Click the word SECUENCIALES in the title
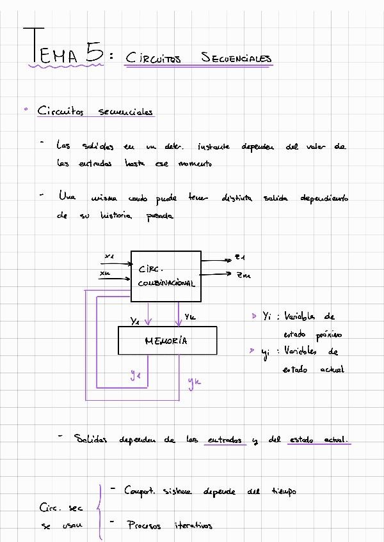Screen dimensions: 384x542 tap(236, 59)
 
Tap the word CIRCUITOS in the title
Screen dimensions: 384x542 tap(154, 59)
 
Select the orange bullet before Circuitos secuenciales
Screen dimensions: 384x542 tap(26, 110)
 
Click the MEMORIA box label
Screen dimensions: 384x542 tap(166, 341)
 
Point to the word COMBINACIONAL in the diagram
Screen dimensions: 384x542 tap(166, 283)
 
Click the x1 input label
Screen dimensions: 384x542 tap(109, 256)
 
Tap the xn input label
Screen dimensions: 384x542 tap(105, 274)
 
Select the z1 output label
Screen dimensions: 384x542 tap(241, 257)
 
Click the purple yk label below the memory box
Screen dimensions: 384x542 tap(194, 382)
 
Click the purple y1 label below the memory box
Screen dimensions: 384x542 tap(135, 376)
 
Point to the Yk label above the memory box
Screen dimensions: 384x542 tap(191, 317)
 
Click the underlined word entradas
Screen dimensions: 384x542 tap(225, 440)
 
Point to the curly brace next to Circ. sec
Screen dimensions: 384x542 tap(98, 509)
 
